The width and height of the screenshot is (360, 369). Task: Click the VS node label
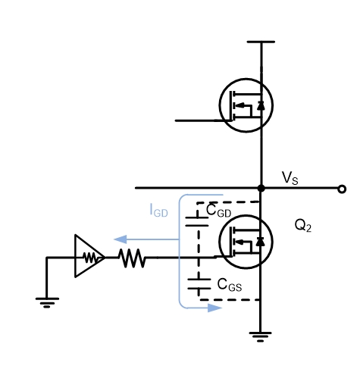point(290,178)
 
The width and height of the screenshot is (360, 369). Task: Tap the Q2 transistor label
point(303,225)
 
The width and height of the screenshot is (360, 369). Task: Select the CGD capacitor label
point(218,211)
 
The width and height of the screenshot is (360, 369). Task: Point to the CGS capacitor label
point(230,285)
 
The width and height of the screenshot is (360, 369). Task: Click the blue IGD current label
point(159,210)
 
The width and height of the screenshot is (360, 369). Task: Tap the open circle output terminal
point(342,189)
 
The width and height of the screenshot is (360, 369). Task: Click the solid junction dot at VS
point(261,188)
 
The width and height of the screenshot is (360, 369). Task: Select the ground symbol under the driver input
point(47,303)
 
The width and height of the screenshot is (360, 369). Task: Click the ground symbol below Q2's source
point(260,337)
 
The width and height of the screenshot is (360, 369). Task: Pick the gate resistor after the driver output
point(132,258)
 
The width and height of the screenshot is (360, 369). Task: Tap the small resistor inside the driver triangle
point(90,258)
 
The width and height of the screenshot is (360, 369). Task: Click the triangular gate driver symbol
point(89,256)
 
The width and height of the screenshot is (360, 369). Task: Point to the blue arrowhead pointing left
point(121,239)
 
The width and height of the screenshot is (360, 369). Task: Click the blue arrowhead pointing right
point(214,308)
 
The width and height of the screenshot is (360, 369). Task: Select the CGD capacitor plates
point(197,221)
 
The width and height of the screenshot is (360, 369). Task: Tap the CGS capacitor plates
point(199,284)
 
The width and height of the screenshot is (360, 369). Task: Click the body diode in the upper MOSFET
point(261,105)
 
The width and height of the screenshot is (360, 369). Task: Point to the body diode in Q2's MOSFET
point(261,242)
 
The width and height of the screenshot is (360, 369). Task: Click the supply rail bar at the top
point(261,42)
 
